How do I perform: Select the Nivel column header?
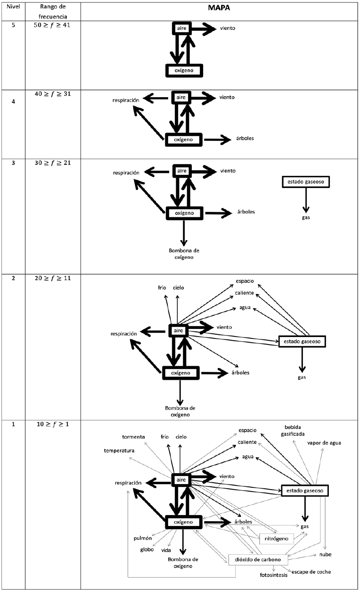(13, 9)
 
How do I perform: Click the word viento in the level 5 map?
(227, 29)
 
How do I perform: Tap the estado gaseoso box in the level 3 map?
(305, 182)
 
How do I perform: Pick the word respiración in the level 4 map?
(126, 100)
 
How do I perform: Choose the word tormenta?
(133, 437)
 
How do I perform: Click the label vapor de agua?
(324, 443)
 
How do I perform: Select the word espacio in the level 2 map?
(245, 281)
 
